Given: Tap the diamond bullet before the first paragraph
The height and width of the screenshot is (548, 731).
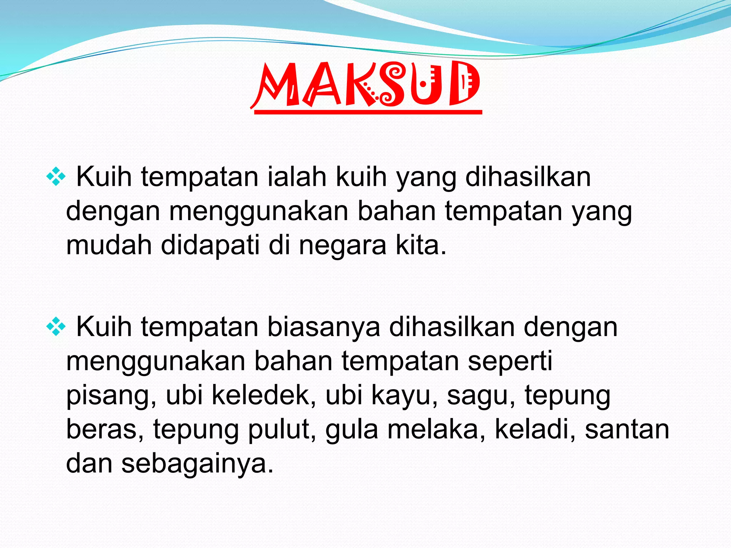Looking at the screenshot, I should coord(56,177).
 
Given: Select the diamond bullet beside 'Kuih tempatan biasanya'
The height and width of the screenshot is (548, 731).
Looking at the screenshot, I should coord(56,327).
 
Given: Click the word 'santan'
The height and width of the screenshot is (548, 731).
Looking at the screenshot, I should coord(627,430).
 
